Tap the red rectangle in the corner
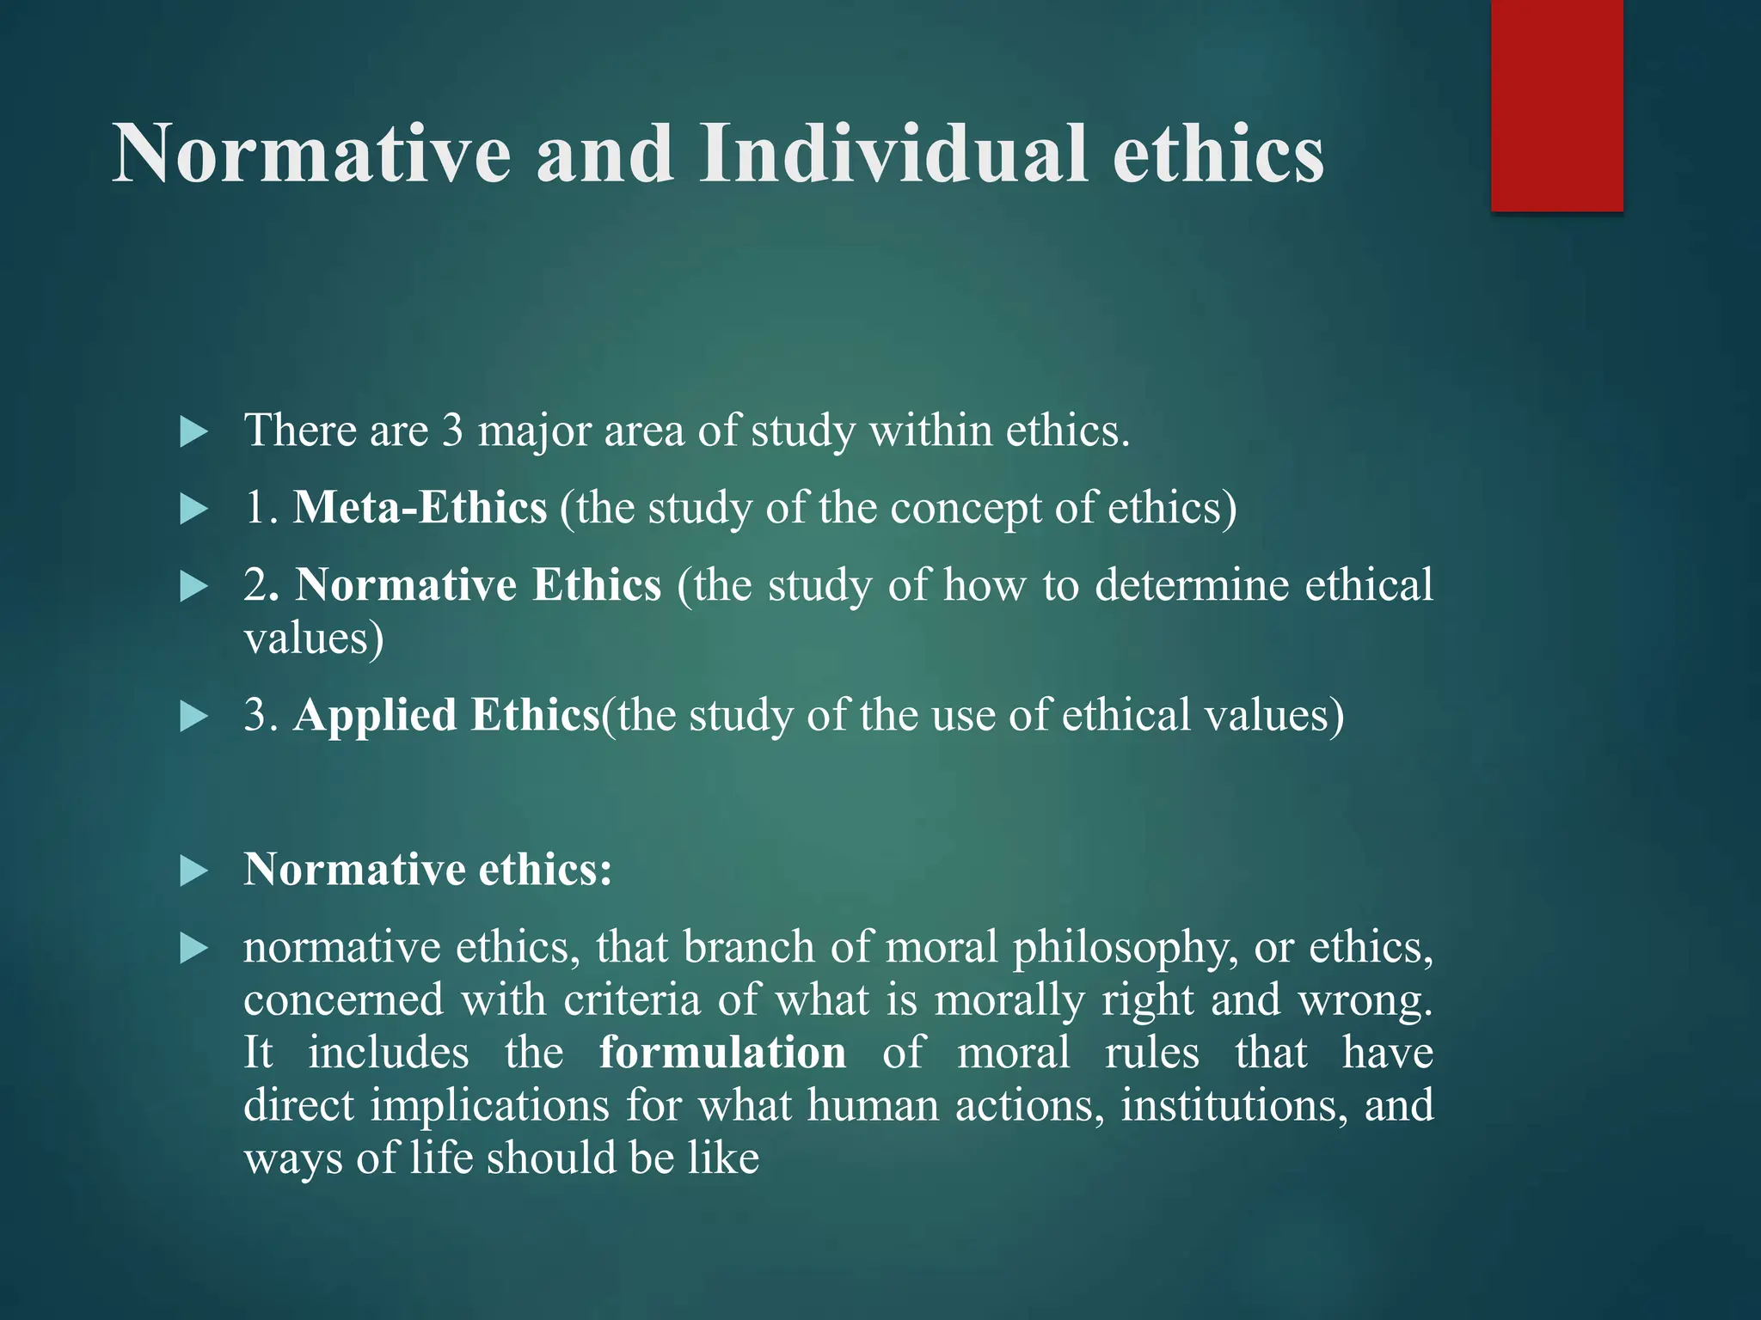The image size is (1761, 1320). click(x=1556, y=105)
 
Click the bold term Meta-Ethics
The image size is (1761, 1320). click(x=420, y=507)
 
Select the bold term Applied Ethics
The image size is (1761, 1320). click(x=446, y=715)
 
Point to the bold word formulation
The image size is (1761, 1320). click(x=722, y=1053)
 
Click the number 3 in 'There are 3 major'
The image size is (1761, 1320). click(x=452, y=430)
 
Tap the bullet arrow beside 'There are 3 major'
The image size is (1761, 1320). click(x=194, y=431)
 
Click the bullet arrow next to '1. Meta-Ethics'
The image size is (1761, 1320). click(x=194, y=510)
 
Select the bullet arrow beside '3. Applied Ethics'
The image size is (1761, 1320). click(x=194, y=717)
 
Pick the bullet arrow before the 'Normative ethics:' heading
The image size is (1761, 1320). click(x=194, y=871)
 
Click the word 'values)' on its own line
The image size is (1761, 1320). click(x=313, y=639)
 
